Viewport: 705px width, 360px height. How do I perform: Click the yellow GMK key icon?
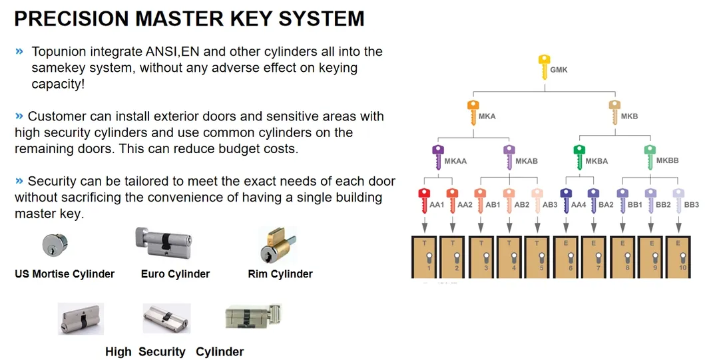coord(543,67)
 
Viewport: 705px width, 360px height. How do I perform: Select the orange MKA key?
coord(473,113)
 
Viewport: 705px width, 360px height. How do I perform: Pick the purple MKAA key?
coord(437,157)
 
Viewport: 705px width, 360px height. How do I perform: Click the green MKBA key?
coord(579,157)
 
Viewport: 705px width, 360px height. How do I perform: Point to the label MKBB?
coord(667,160)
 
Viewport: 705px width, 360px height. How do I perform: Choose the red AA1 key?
coord(423,201)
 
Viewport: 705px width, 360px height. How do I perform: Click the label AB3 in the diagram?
coord(551,205)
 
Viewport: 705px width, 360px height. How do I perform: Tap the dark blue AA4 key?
coord(565,201)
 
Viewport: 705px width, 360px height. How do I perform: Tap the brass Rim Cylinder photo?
coord(278,245)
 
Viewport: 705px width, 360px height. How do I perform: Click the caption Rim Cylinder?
coord(280,273)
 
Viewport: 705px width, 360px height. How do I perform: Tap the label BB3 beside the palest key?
coord(692,205)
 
